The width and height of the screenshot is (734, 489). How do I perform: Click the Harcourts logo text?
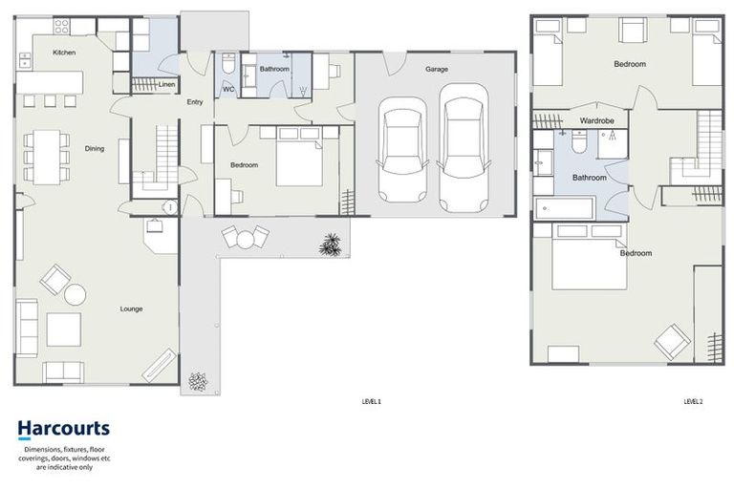pyautogui.click(x=63, y=429)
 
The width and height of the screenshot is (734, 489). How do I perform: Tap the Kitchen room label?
pyautogui.click(x=64, y=53)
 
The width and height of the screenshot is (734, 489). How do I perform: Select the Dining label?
pyautogui.click(x=95, y=148)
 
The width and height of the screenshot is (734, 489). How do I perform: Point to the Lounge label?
pyautogui.click(x=132, y=308)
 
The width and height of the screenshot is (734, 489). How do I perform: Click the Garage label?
pyautogui.click(x=437, y=69)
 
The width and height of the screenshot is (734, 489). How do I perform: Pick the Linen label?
pyautogui.click(x=167, y=84)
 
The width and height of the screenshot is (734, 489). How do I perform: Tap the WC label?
pyautogui.click(x=228, y=89)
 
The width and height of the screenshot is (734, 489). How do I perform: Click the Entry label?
pyautogui.click(x=195, y=102)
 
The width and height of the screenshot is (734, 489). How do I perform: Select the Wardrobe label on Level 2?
pyautogui.click(x=596, y=121)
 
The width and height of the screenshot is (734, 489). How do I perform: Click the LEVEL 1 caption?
pyautogui.click(x=371, y=402)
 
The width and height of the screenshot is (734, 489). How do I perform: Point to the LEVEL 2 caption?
pyautogui.click(x=693, y=402)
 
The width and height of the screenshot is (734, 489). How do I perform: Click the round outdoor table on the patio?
pyautogui.click(x=246, y=239)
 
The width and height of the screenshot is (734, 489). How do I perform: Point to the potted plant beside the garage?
pyautogui.click(x=330, y=244)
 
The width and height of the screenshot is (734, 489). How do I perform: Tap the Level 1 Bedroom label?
pyautogui.click(x=244, y=165)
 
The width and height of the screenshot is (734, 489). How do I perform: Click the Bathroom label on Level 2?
pyautogui.click(x=589, y=178)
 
